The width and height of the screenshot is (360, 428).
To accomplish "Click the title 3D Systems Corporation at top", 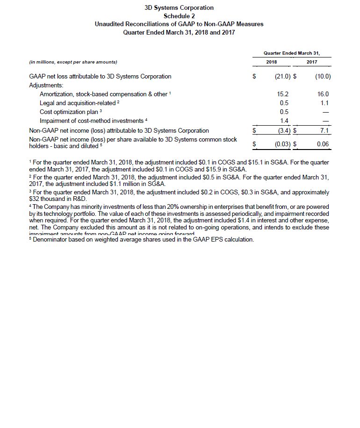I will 180,8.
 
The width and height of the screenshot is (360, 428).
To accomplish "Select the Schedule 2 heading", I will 180,16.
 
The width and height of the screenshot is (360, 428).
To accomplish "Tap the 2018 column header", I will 271,62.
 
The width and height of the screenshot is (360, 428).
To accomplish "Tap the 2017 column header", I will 311,62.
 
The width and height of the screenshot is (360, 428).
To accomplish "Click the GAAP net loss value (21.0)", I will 282,76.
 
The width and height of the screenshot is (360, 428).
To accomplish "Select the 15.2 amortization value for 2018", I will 283,94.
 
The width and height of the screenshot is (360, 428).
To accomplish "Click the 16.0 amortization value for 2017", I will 324,94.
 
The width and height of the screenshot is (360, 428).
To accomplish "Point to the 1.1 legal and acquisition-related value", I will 325,103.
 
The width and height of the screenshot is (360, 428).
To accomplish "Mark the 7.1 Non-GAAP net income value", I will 325,130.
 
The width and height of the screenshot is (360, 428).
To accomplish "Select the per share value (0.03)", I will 282,144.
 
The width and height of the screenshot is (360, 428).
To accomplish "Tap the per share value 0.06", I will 323,144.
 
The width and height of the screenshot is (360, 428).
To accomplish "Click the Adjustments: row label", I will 46,85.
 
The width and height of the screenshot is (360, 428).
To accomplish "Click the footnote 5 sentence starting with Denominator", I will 142,240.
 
